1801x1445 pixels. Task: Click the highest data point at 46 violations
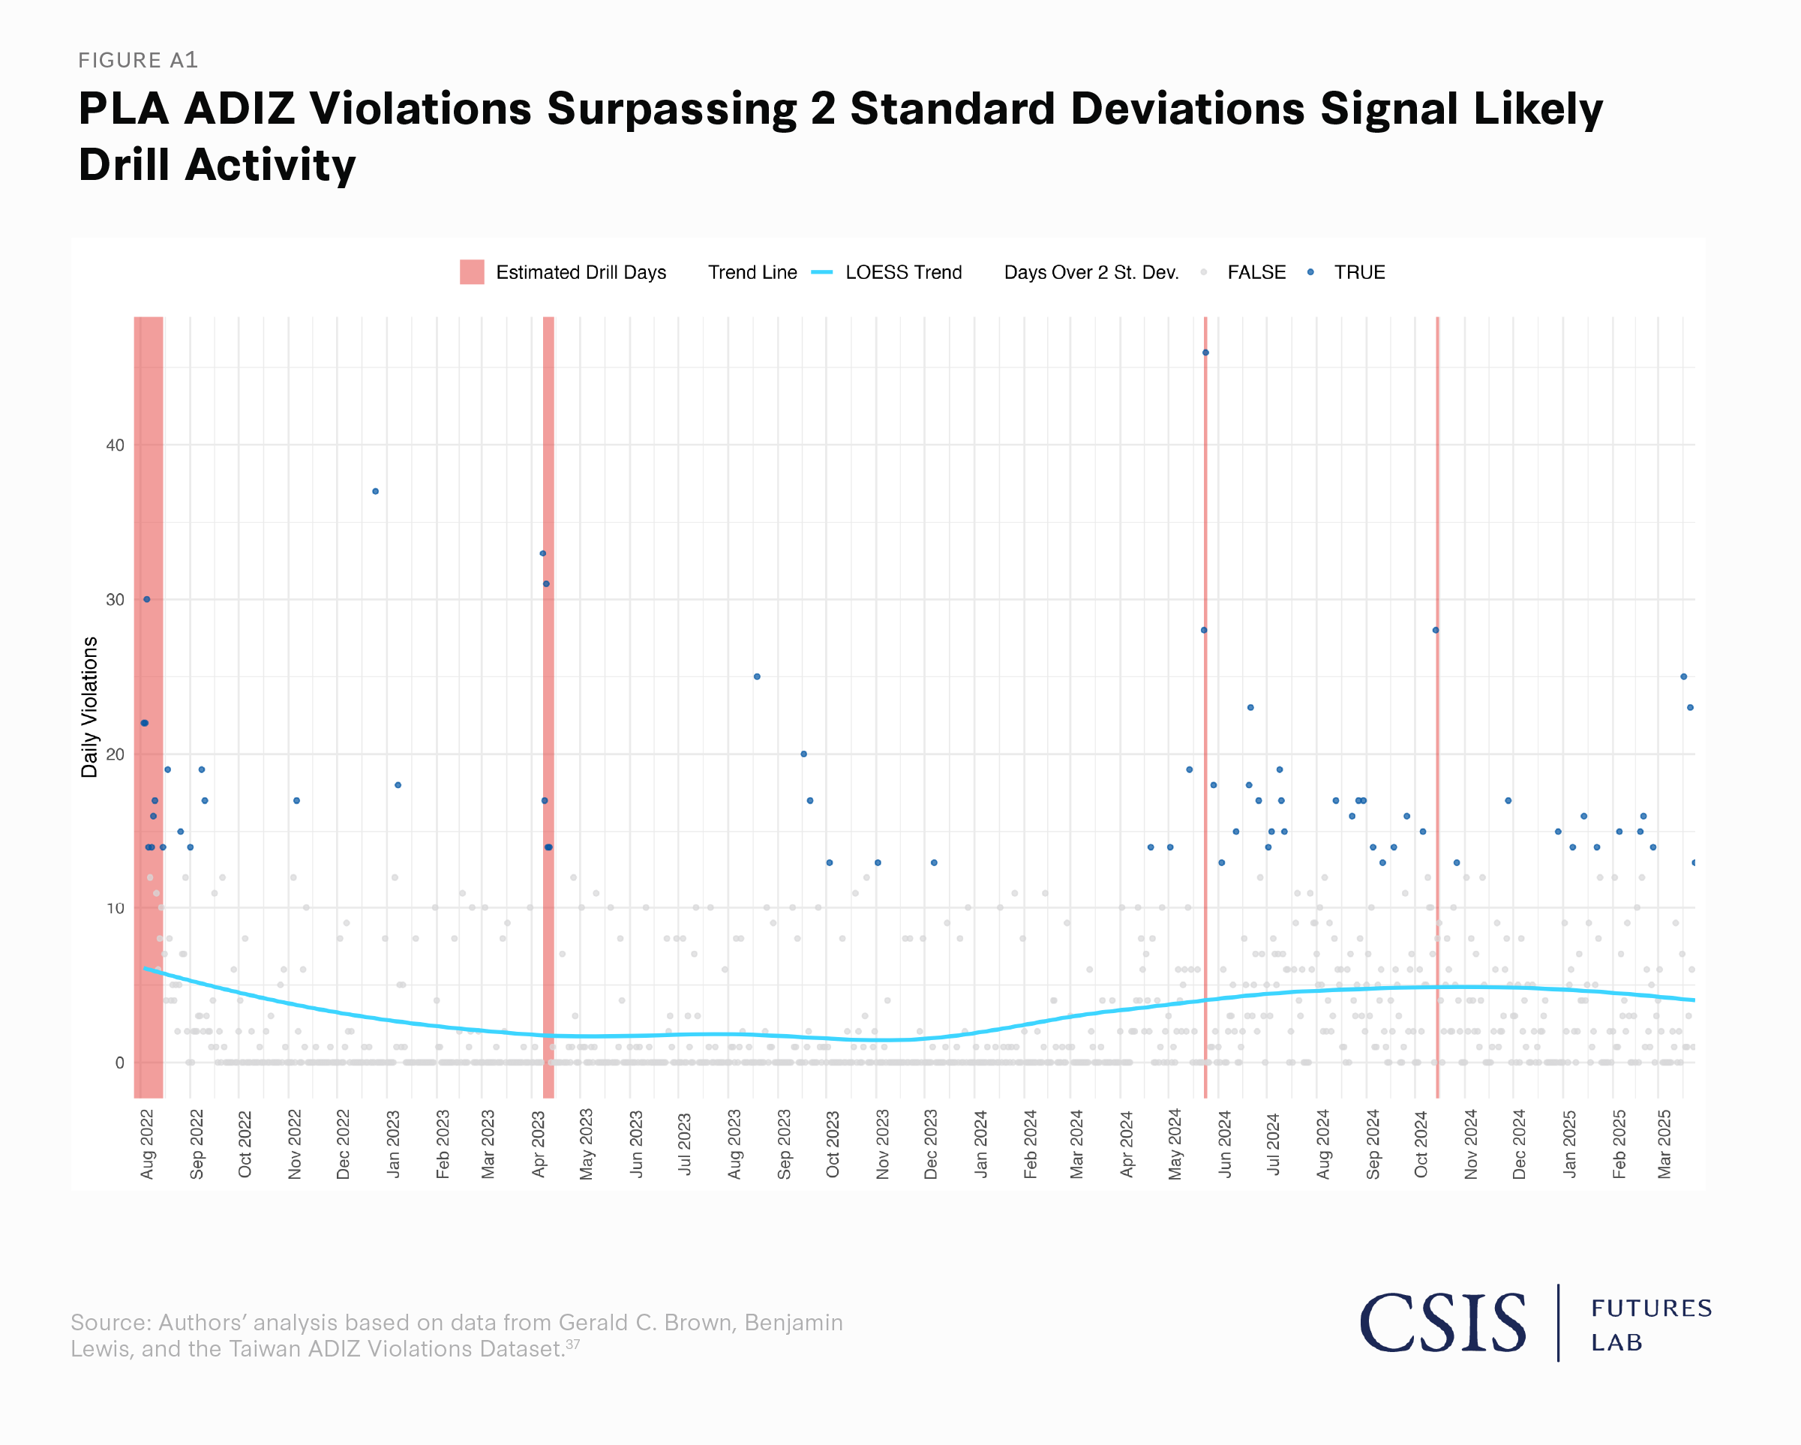1205,352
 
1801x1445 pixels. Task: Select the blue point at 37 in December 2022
376,491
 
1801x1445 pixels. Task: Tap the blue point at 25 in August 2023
757,676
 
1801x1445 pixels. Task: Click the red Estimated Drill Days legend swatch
472,272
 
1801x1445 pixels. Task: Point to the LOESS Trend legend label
903,272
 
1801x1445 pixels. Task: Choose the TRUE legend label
1359,272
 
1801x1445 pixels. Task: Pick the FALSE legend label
1256,272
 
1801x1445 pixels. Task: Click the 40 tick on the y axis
116,445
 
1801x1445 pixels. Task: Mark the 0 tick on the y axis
119,1063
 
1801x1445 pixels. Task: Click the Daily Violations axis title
89,706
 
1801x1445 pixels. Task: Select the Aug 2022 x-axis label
148,1144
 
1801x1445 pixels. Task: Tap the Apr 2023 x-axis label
539,1144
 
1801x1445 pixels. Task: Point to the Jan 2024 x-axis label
980,1144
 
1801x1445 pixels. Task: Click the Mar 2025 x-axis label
1664,1144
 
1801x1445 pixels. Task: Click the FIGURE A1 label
138,60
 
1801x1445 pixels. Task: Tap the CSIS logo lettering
1442,1323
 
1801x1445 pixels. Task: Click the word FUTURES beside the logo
1652,1308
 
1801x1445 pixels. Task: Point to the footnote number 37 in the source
572,1344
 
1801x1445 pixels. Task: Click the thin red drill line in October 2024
1438,751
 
